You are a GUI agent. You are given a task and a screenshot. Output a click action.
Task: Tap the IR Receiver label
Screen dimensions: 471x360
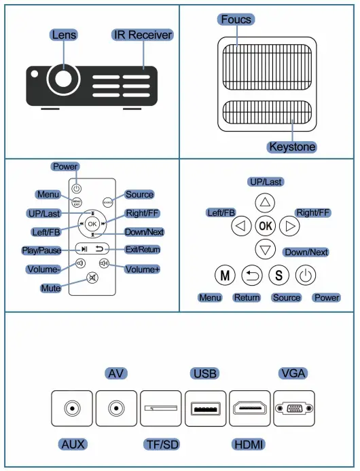142,35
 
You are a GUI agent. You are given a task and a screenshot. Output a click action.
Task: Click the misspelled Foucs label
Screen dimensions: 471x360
236,19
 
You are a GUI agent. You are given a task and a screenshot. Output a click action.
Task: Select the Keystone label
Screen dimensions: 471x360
292,147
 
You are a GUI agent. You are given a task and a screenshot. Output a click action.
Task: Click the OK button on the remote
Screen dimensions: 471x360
92,223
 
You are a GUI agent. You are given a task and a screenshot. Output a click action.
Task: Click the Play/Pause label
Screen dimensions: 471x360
41,250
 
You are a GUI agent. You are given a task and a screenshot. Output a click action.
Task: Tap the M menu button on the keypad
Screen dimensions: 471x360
223,276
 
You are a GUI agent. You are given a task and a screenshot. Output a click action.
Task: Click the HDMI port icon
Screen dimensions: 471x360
251,409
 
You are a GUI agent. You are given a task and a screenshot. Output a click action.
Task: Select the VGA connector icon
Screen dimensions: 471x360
294,409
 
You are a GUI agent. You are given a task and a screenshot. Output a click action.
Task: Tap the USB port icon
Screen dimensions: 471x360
205,409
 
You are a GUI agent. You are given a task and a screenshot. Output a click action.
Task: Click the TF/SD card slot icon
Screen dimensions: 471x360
161,409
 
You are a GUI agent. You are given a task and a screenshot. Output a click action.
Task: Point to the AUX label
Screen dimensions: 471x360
72,445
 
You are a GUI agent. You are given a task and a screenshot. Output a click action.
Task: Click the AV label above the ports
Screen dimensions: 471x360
117,373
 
